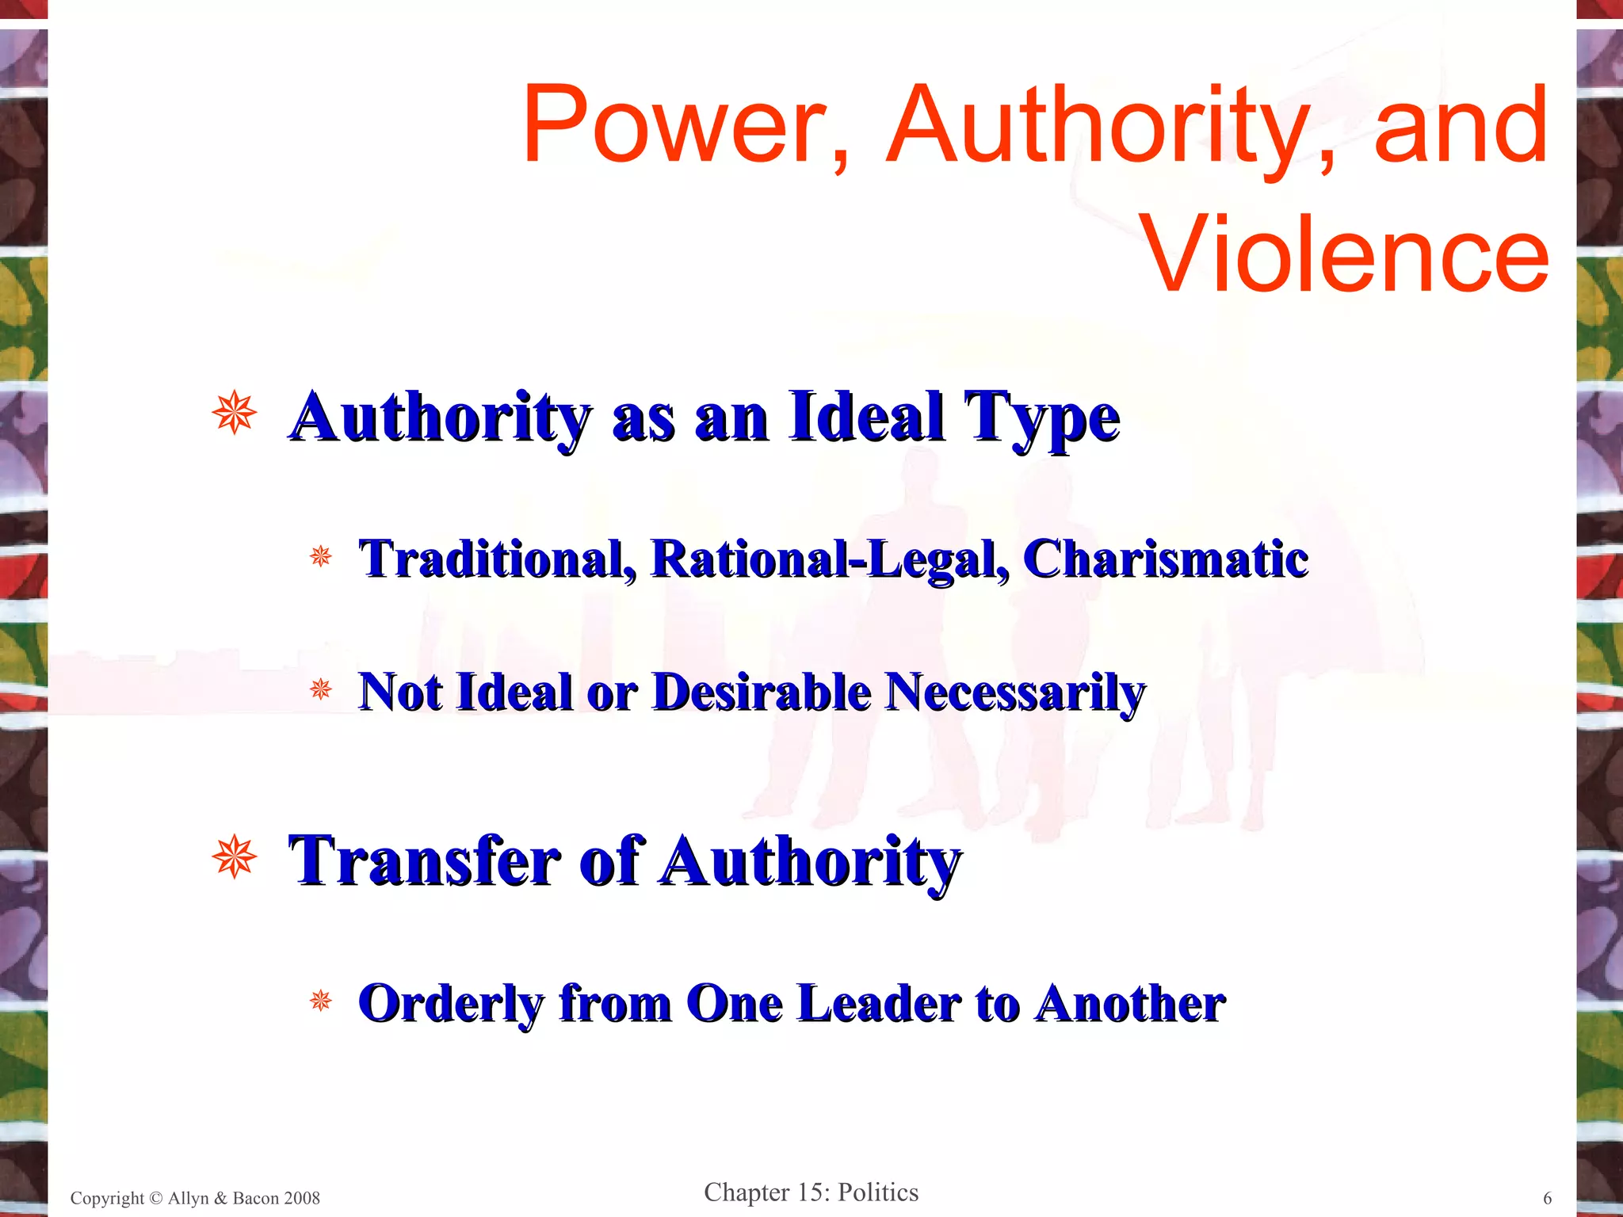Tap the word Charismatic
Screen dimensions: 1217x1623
point(1165,559)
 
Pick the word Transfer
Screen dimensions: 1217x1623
point(425,861)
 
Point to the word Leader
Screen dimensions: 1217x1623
point(879,1003)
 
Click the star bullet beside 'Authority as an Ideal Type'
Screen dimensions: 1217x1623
point(235,413)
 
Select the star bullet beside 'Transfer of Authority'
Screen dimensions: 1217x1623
point(235,857)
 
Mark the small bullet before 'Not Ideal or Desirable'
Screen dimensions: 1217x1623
point(320,689)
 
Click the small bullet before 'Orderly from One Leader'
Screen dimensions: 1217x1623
point(320,1001)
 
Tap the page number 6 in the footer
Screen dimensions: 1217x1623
point(1547,1198)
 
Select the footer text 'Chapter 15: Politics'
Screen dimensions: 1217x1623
point(811,1192)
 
